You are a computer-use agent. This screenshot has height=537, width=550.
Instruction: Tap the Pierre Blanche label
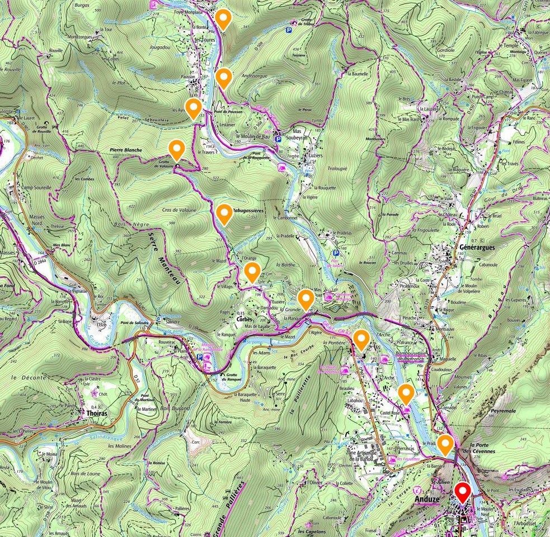pos(126,150)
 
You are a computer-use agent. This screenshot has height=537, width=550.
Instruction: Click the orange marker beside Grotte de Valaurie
pos(177,149)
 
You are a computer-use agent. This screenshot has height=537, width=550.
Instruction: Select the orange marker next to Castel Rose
pos(407,393)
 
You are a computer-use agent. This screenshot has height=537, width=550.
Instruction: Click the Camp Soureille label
pos(37,188)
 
